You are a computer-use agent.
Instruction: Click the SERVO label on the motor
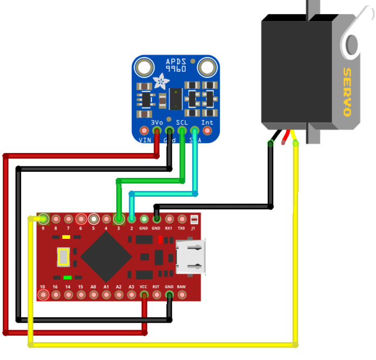tap(347, 92)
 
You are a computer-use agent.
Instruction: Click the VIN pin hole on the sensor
tap(144, 130)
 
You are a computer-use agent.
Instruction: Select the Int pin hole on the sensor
tap(207, 130)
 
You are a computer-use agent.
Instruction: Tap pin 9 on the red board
tap(43, 219)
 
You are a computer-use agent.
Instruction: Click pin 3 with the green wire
tap(118, 219)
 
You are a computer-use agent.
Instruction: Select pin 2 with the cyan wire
tap(131, 219)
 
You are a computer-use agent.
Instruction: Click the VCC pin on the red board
tap(144, 295)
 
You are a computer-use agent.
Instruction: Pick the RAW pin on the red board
tap(182, 295)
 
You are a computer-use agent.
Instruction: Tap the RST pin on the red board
tap(157, 295)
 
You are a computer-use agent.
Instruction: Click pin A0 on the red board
tap(93, 295)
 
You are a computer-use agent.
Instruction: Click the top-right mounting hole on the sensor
tap(206, 67)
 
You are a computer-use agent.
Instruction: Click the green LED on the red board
tap(68, 277)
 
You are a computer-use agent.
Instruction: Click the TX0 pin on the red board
tap(182, 219)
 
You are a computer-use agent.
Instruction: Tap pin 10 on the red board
tap(43, 295)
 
